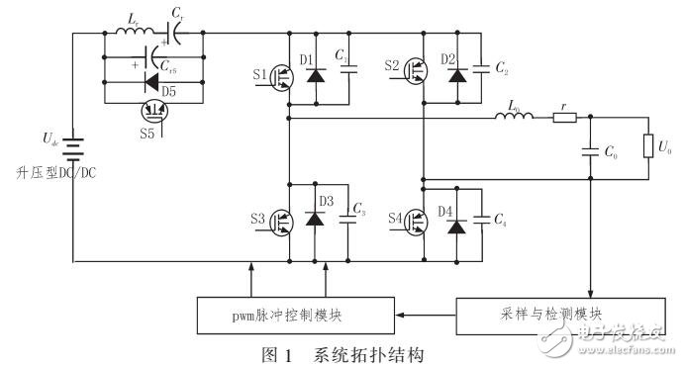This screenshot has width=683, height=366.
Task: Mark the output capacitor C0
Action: pyautogui.click(x=590, y=153)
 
